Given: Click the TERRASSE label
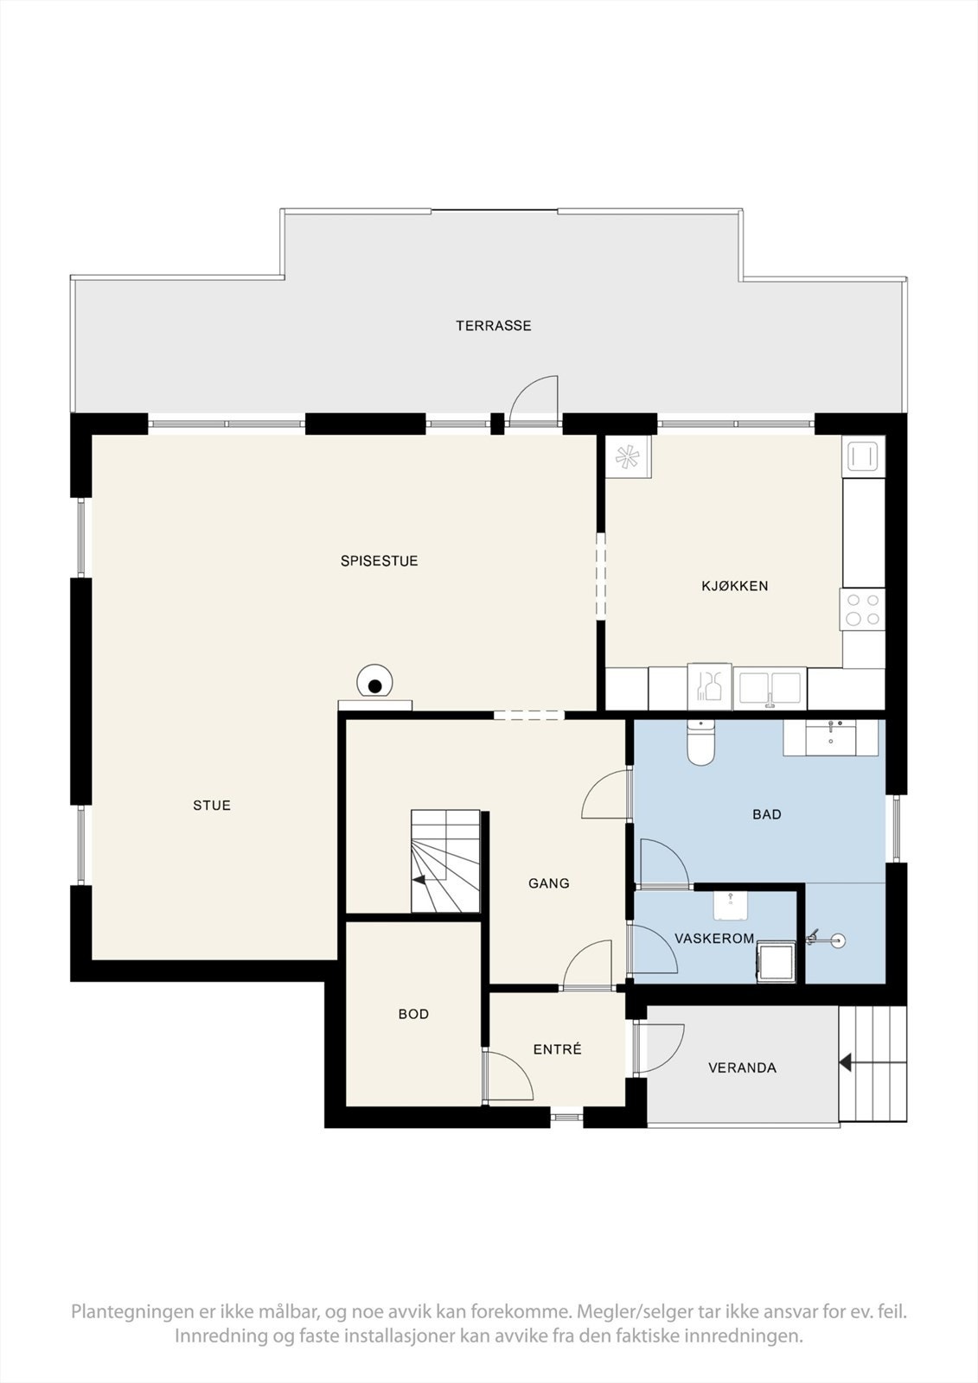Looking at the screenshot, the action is pos(494,325).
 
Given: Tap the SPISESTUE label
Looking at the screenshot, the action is pos(380,561).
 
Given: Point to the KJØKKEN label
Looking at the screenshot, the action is pos(735,585).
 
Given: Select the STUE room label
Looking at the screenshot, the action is pos(212,805).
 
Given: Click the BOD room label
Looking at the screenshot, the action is pos(414,1014).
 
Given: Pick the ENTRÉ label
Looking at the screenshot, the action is pos(557,1049).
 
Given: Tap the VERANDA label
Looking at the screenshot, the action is pos(742,1068).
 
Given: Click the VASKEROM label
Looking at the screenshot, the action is pos(714,939).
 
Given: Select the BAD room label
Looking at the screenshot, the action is pos(767,814).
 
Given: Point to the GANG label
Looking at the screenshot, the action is pos(548,883).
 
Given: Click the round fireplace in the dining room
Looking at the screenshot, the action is pos(374,682).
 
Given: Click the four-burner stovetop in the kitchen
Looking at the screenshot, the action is pos(862,609).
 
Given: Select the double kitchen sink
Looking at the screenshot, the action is pos(770,688).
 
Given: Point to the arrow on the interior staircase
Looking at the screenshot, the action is pos(419,881).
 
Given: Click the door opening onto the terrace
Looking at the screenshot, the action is pos(534,401).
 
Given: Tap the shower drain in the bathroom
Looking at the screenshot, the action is pos(838,941).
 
